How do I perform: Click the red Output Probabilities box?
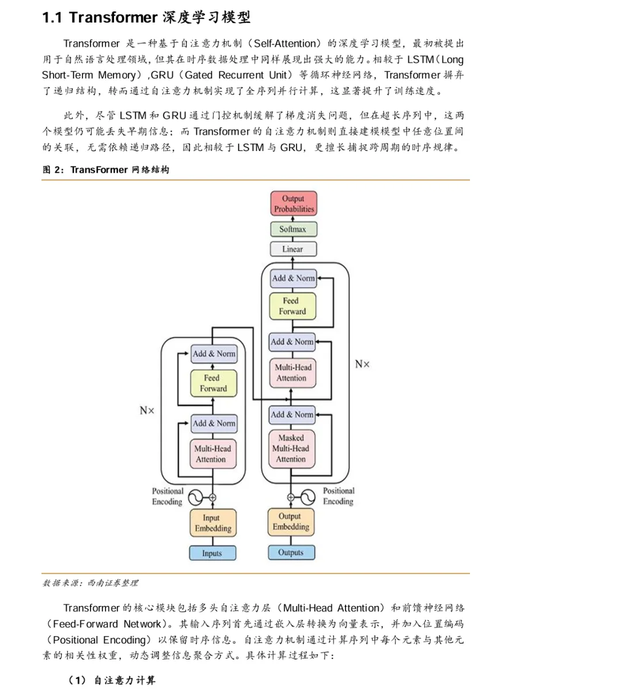(x=294, y=204)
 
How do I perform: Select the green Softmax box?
(x=294, y=229)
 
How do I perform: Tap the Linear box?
(x=293, y=249)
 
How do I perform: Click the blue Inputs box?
(x=213, y=553)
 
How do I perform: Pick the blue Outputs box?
(x=291, y=552)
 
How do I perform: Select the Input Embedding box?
(x=213, y=523)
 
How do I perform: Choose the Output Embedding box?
(x=291, y=522)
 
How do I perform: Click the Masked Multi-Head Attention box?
(x=291, y=449)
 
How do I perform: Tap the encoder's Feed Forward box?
(x=213, y=383)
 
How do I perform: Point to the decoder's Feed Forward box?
(x=293, y=306)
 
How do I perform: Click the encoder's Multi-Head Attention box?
(x=213, y=454)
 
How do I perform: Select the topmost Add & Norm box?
(x=293, y=278)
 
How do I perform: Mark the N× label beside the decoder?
(x=362, y=364)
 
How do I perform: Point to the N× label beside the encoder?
(x=147, y=411)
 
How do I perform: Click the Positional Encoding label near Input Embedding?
(x=167, y=497)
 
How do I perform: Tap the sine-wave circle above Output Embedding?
(x=307, y=497)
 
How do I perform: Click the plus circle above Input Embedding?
(x=213, y=497)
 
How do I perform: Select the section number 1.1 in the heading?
(x=52, y=18)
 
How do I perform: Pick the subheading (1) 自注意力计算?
(x=112, y=680)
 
